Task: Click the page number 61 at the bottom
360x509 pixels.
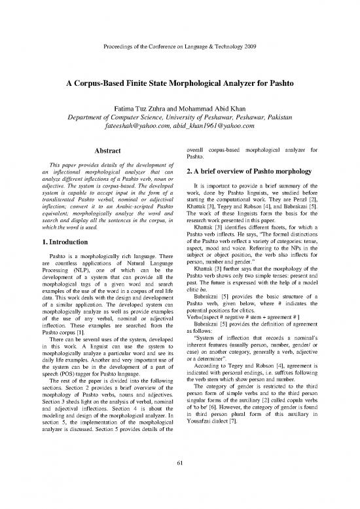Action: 180,465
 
